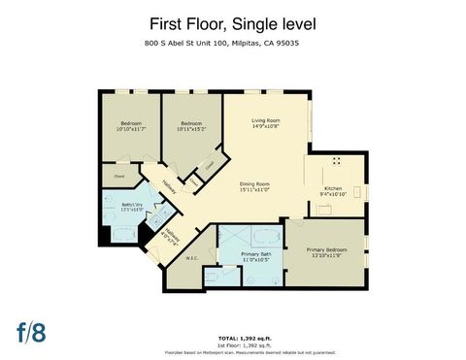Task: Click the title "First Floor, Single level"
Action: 232,22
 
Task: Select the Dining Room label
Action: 254,186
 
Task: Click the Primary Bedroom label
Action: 326,251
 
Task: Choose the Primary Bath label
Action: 254,255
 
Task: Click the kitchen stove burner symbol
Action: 338,161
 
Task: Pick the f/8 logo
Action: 31,331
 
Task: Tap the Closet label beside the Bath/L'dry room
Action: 119,177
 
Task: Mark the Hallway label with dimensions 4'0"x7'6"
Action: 172,236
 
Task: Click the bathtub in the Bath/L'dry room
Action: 123,234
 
